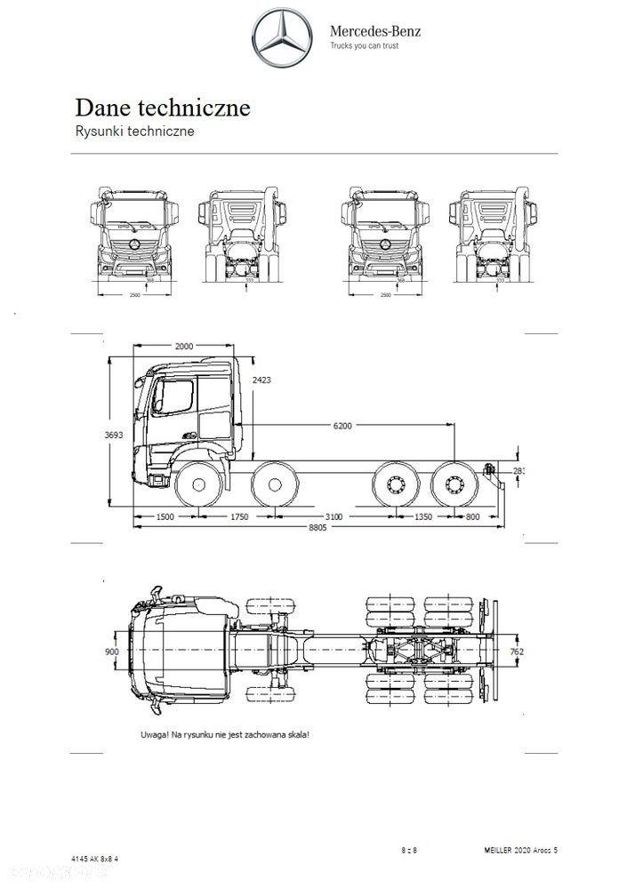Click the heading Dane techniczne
click(x=162, y=108)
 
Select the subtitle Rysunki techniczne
click(x=134, y=132)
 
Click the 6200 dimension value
click(x=343, y=426)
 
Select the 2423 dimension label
click(x=262, y=380)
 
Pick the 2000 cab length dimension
click(x=185, y=346)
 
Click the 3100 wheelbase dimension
click(x=334, y=516)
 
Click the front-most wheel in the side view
click(x=197, y=486)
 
